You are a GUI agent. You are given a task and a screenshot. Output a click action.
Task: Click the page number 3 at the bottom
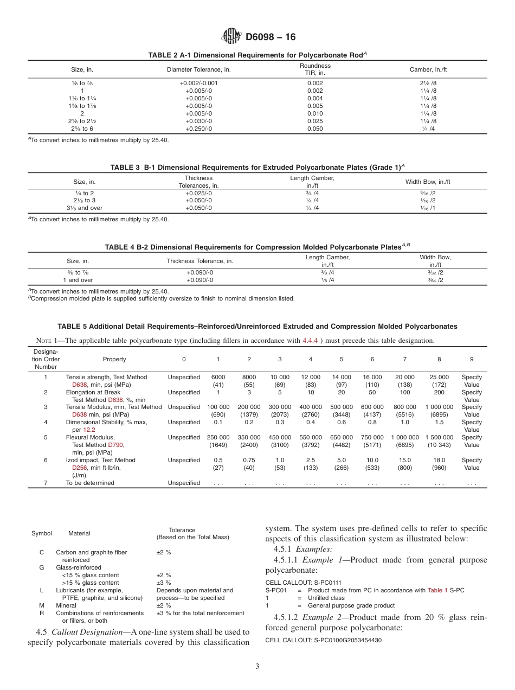pos(257,666)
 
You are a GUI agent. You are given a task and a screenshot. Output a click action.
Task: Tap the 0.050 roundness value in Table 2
pos(314,129)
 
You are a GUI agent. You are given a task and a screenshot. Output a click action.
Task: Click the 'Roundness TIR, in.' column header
pos(314,69)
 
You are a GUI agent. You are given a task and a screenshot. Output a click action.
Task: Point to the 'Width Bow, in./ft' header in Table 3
pos(428,182)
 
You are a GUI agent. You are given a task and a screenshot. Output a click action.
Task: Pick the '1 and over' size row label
pos(78,280)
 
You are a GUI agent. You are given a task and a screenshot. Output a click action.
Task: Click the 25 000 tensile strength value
pos(439,377)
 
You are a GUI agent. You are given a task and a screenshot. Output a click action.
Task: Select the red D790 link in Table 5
pos(115,445)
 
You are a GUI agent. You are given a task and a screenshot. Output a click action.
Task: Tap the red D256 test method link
pos(80,468)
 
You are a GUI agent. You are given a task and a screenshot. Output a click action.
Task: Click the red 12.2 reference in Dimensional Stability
pos(89,430)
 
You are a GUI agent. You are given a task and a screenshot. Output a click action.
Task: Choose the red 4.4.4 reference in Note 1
pos(310,341)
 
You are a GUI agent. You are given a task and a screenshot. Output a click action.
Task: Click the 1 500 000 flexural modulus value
pos(439,437)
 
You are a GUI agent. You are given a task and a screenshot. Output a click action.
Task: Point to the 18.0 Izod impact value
pos(439,460)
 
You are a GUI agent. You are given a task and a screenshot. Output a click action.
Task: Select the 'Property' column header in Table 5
pos(114,359)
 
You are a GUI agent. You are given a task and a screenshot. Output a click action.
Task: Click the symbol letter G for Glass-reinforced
pos(42,567)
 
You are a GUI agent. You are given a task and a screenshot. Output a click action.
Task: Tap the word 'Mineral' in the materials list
pos(66,605)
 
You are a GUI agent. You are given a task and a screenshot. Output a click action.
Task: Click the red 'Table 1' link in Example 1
pos(437,590)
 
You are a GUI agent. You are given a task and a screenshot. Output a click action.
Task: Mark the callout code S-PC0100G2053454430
pos(347,640)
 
